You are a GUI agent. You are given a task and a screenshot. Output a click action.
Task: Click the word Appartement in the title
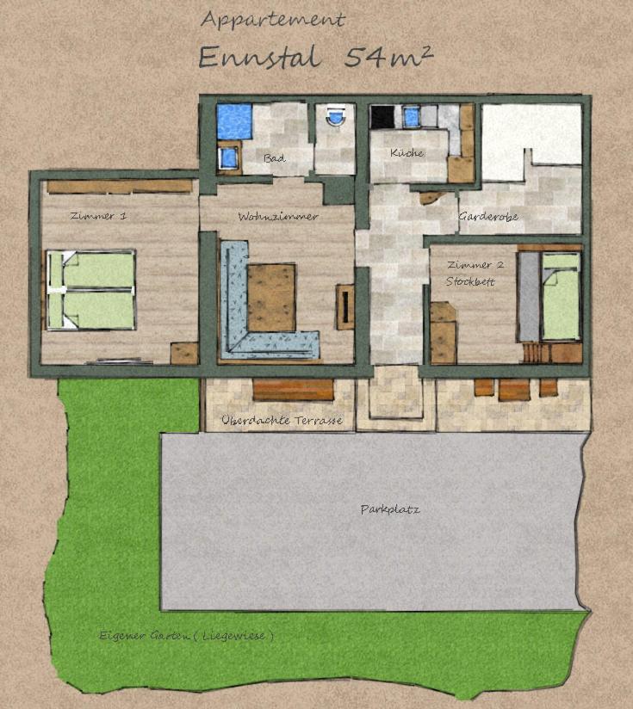tap(273, 21)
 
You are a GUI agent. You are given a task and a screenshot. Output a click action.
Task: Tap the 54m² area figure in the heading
tap(388, 58)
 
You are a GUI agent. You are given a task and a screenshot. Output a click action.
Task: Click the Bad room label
tap(275, 158)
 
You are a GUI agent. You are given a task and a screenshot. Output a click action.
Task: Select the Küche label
tap(406, 153)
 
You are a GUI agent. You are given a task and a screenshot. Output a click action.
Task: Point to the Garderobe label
tap(488, 217)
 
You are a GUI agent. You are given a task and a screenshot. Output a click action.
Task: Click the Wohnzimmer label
tap(278, 217)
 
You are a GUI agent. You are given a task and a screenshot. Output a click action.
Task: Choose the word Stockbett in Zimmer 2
tap(470, 281)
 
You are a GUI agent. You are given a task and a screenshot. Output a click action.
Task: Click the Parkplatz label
tap(390, 509)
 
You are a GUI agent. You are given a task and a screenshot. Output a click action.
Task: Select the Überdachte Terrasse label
tap(282, 420)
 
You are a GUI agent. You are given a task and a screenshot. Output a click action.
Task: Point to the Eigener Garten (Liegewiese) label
tap(186, 636)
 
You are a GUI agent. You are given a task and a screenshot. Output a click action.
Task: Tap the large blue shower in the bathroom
tap(234, 121)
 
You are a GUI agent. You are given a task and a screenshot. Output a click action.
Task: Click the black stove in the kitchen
tap(382, 117)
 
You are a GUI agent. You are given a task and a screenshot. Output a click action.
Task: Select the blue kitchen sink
tap(411, 116)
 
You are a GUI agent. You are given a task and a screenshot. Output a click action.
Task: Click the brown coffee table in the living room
tap(271, 298)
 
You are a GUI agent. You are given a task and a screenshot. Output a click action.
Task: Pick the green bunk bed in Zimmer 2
tap(561, 296)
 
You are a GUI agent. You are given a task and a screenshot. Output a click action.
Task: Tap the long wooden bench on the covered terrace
tap(293, 391)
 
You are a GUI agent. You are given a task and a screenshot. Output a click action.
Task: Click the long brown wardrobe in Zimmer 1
tap(120, 187)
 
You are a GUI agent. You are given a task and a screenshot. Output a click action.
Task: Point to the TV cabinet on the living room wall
tap(344, 306)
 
